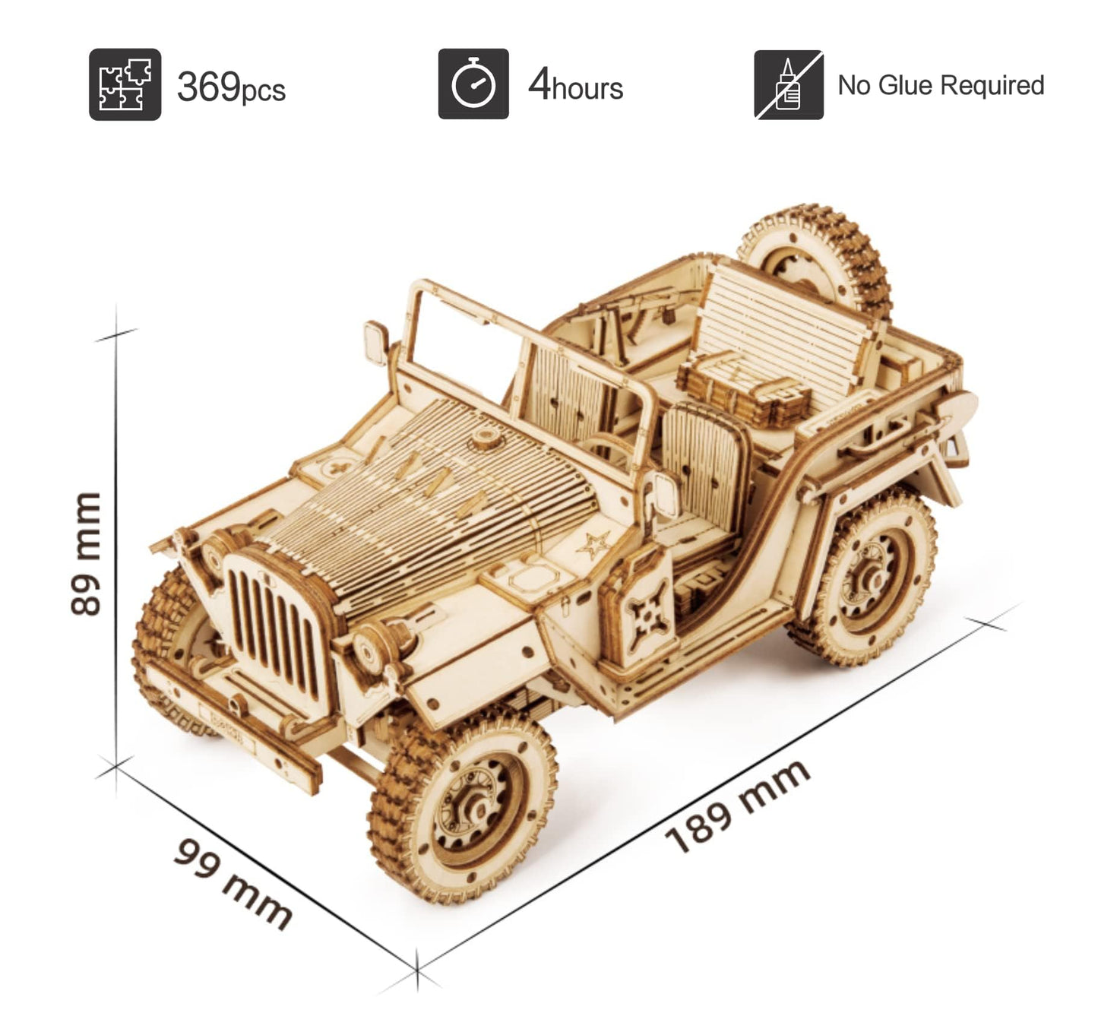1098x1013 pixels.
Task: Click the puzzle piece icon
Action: coord(125,84)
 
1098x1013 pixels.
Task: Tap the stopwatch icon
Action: coord(473,84)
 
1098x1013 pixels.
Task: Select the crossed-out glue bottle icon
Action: coord(788,85)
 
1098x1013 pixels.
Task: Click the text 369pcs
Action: coord(231,87)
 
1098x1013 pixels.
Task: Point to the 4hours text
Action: coord(575,86)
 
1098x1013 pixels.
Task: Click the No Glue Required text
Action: coord(941,85)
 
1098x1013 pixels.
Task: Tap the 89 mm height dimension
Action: coord(85,552)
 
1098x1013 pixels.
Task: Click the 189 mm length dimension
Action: coord(737,806)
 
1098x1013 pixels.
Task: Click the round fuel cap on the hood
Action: coord(483,441)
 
